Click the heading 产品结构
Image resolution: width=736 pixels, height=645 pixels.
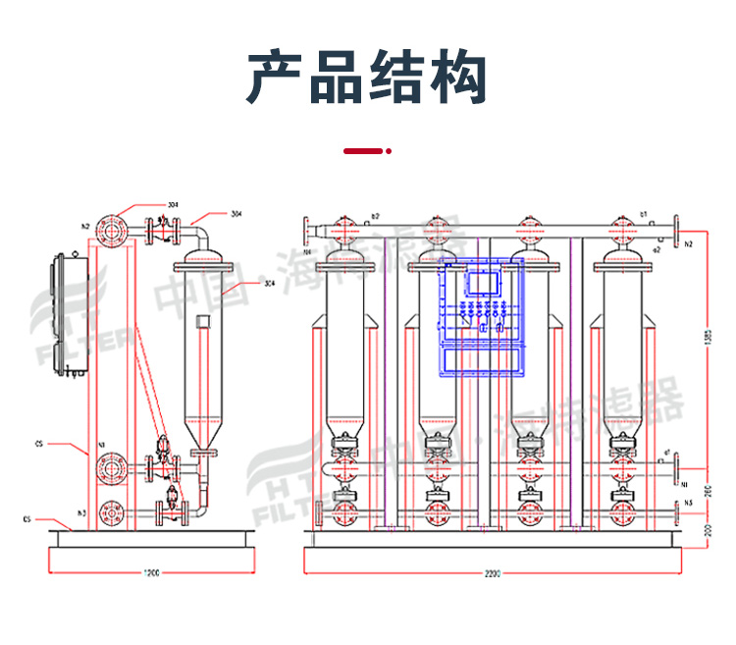coord(367,79)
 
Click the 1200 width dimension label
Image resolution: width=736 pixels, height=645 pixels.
coord(150,572)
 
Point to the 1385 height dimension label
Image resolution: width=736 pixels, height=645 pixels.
coord(709,337)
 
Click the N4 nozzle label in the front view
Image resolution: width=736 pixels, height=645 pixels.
coord(307,251)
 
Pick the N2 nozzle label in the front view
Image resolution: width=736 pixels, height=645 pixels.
coord(689,242)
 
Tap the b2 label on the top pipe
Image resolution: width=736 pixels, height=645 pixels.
coord(374,215)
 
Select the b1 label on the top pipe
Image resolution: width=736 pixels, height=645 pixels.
coord(644,213)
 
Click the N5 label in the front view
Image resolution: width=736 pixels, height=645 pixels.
coord(689,503)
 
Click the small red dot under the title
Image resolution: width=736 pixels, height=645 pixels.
coord(390,151)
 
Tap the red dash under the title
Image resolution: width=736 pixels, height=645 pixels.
coord(362,151)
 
